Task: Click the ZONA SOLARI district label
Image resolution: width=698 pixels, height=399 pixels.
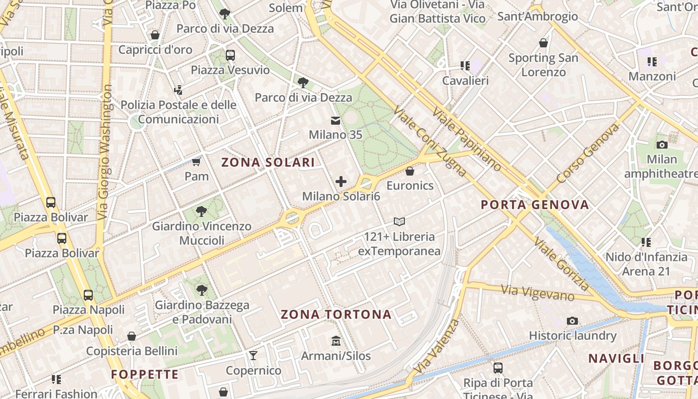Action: point(268,162)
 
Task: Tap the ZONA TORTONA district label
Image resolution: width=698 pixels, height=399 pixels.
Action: point(336,314)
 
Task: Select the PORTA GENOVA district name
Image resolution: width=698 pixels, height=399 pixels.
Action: point(535,204)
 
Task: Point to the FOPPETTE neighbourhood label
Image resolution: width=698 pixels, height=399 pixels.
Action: point(145,375)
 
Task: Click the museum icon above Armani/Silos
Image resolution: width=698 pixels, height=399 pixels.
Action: point(336,341)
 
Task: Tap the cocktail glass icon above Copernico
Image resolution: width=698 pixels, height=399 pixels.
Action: point(253,356)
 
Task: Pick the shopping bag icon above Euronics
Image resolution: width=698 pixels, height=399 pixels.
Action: point(410,171)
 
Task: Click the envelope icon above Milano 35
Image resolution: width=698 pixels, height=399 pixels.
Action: point(336,121)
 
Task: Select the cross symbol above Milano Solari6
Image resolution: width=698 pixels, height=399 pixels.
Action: point(341,182)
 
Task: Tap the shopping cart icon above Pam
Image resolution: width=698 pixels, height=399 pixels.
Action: point(196,162)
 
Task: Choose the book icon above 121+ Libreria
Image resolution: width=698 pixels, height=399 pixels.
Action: point(399,221)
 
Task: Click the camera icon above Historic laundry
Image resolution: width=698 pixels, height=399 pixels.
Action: point(572,321)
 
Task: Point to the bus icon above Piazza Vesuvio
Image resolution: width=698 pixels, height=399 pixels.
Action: point(230,55)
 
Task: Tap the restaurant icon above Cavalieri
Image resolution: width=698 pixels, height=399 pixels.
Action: point(465,66)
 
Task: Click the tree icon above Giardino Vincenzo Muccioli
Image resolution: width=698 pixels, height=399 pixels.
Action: point(201,211)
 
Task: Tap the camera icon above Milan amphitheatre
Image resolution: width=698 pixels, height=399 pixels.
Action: point(662,145)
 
